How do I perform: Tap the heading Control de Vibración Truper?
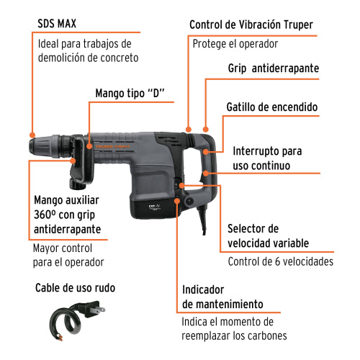point(251,24)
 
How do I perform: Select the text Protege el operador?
point(235,43)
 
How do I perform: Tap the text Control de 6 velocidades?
point(280,261)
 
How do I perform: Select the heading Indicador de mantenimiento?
point(222,296)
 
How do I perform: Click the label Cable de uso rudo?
point(75,288)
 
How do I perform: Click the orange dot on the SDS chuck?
point(32,133)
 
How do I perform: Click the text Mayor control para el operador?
point(69,255)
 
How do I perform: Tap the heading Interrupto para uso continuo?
point(265,158)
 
